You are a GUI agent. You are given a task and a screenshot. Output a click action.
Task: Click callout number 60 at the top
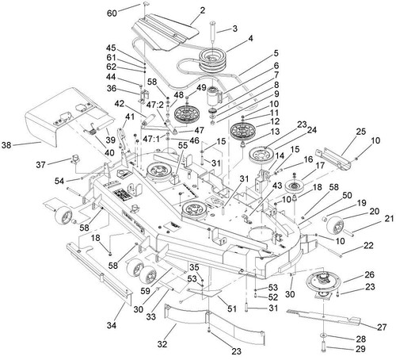(112, 13)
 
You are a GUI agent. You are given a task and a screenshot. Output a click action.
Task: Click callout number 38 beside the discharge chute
(6, 145)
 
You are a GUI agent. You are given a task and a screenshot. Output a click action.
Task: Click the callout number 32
(162, 344)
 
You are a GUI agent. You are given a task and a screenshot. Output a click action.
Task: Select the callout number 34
(112, 325)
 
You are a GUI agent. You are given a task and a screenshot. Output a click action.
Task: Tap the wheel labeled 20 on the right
(335, 226)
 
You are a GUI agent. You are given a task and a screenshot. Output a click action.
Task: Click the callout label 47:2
(155, 105)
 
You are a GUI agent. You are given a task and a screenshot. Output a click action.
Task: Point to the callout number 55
(183, 145)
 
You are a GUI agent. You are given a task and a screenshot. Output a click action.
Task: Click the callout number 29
(360, 349)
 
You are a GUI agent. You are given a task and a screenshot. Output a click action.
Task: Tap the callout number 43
(277, 186)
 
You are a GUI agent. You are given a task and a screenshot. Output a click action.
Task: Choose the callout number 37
(41, 165)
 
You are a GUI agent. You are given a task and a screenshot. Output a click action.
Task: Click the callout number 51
(232, 308)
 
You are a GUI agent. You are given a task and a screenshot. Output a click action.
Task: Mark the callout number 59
(145, 291)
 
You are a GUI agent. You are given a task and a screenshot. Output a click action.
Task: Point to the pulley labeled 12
(243, 131)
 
